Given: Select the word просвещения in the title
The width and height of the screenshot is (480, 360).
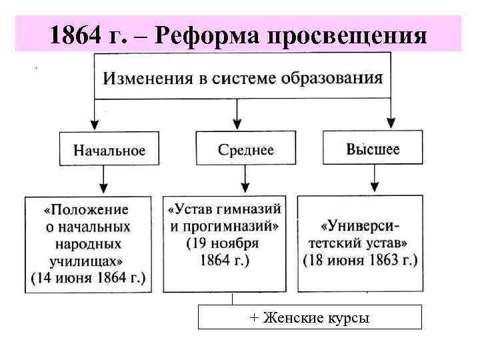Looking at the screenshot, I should (x=347, y=35).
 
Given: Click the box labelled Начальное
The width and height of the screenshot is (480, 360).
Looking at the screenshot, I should (x=109, y=149).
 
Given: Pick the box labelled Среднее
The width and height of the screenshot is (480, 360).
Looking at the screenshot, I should (x=245, y=149).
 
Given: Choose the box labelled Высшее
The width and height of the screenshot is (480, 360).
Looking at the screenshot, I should (x=373, y=149).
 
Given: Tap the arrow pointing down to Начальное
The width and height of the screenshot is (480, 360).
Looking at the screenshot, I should (x=95, y=120).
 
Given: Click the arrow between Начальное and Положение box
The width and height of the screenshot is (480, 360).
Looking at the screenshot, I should (x=103, y=179).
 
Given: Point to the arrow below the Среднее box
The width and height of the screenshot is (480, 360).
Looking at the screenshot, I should (x=245, y=179).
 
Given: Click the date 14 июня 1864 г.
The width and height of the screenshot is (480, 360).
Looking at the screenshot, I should (x=88, y=276).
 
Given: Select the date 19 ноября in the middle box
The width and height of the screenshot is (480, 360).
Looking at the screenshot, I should (x=223, y=243).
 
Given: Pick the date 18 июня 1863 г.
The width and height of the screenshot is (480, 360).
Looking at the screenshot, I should (x=360, y=259).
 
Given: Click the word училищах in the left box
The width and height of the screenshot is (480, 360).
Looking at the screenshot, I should (x=85, y=259).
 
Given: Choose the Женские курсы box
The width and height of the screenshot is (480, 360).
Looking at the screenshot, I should (x=309, y=317).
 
